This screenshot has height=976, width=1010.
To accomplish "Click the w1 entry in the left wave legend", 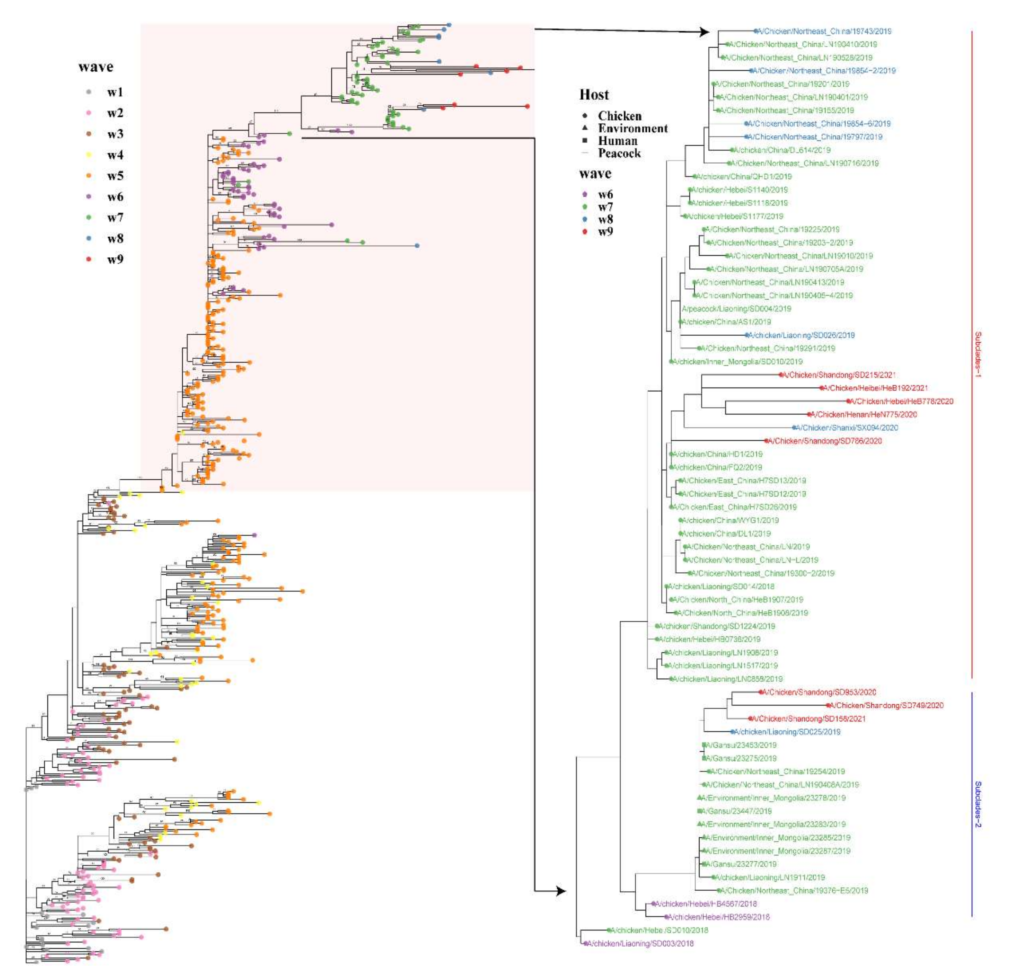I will point(114,92).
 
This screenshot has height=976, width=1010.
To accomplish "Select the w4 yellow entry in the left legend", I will point(114,155).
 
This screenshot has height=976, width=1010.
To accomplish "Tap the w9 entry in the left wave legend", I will point(114,259).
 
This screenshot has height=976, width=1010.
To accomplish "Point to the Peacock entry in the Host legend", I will point(619,153).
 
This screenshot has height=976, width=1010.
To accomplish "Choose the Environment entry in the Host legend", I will point(632,128).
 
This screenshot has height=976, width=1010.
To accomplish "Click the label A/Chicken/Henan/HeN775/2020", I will point(864,414).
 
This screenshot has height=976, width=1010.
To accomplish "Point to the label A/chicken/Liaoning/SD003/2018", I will point(640,944).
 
